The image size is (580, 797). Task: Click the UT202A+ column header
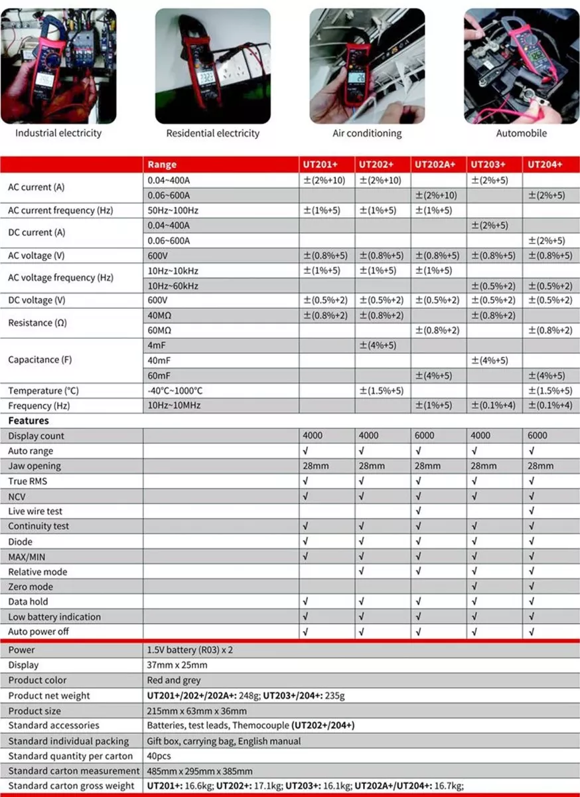435,164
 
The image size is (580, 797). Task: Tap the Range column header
162,164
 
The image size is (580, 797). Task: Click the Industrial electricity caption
58,133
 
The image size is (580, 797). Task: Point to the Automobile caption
522,133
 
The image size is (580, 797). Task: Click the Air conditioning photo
367,66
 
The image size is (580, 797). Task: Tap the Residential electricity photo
212,66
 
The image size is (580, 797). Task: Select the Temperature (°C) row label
43,391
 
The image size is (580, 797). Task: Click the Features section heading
28,420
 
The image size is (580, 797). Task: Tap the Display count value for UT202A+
425,436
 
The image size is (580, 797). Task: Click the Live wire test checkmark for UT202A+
417,511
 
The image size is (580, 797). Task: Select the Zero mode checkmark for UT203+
474,586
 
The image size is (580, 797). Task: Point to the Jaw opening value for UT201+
316,466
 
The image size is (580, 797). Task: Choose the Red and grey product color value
173,680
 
